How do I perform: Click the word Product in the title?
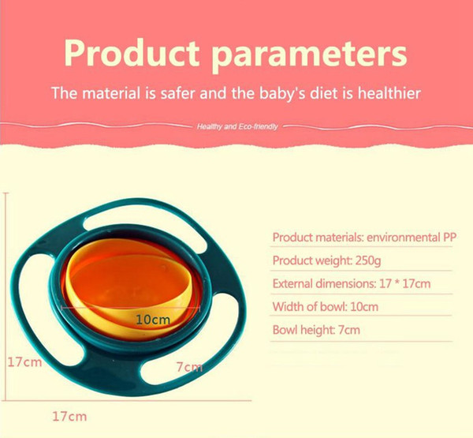(x=132, y=53)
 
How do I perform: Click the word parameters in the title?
(x=309, y=56)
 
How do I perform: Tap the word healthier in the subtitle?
(x=389, y=93)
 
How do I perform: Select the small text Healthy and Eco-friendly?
(x=237, y=126)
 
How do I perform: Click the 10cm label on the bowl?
(x=153, y=320)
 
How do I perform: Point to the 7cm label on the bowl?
(x=189, y=367)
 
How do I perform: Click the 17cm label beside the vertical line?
(x=24, y=362)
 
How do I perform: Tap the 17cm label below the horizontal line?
(x=69, y=416)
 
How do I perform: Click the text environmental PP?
(x=412, y=238)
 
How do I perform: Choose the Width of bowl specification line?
(x=325, y=306)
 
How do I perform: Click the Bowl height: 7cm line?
(x=316, y=330)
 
